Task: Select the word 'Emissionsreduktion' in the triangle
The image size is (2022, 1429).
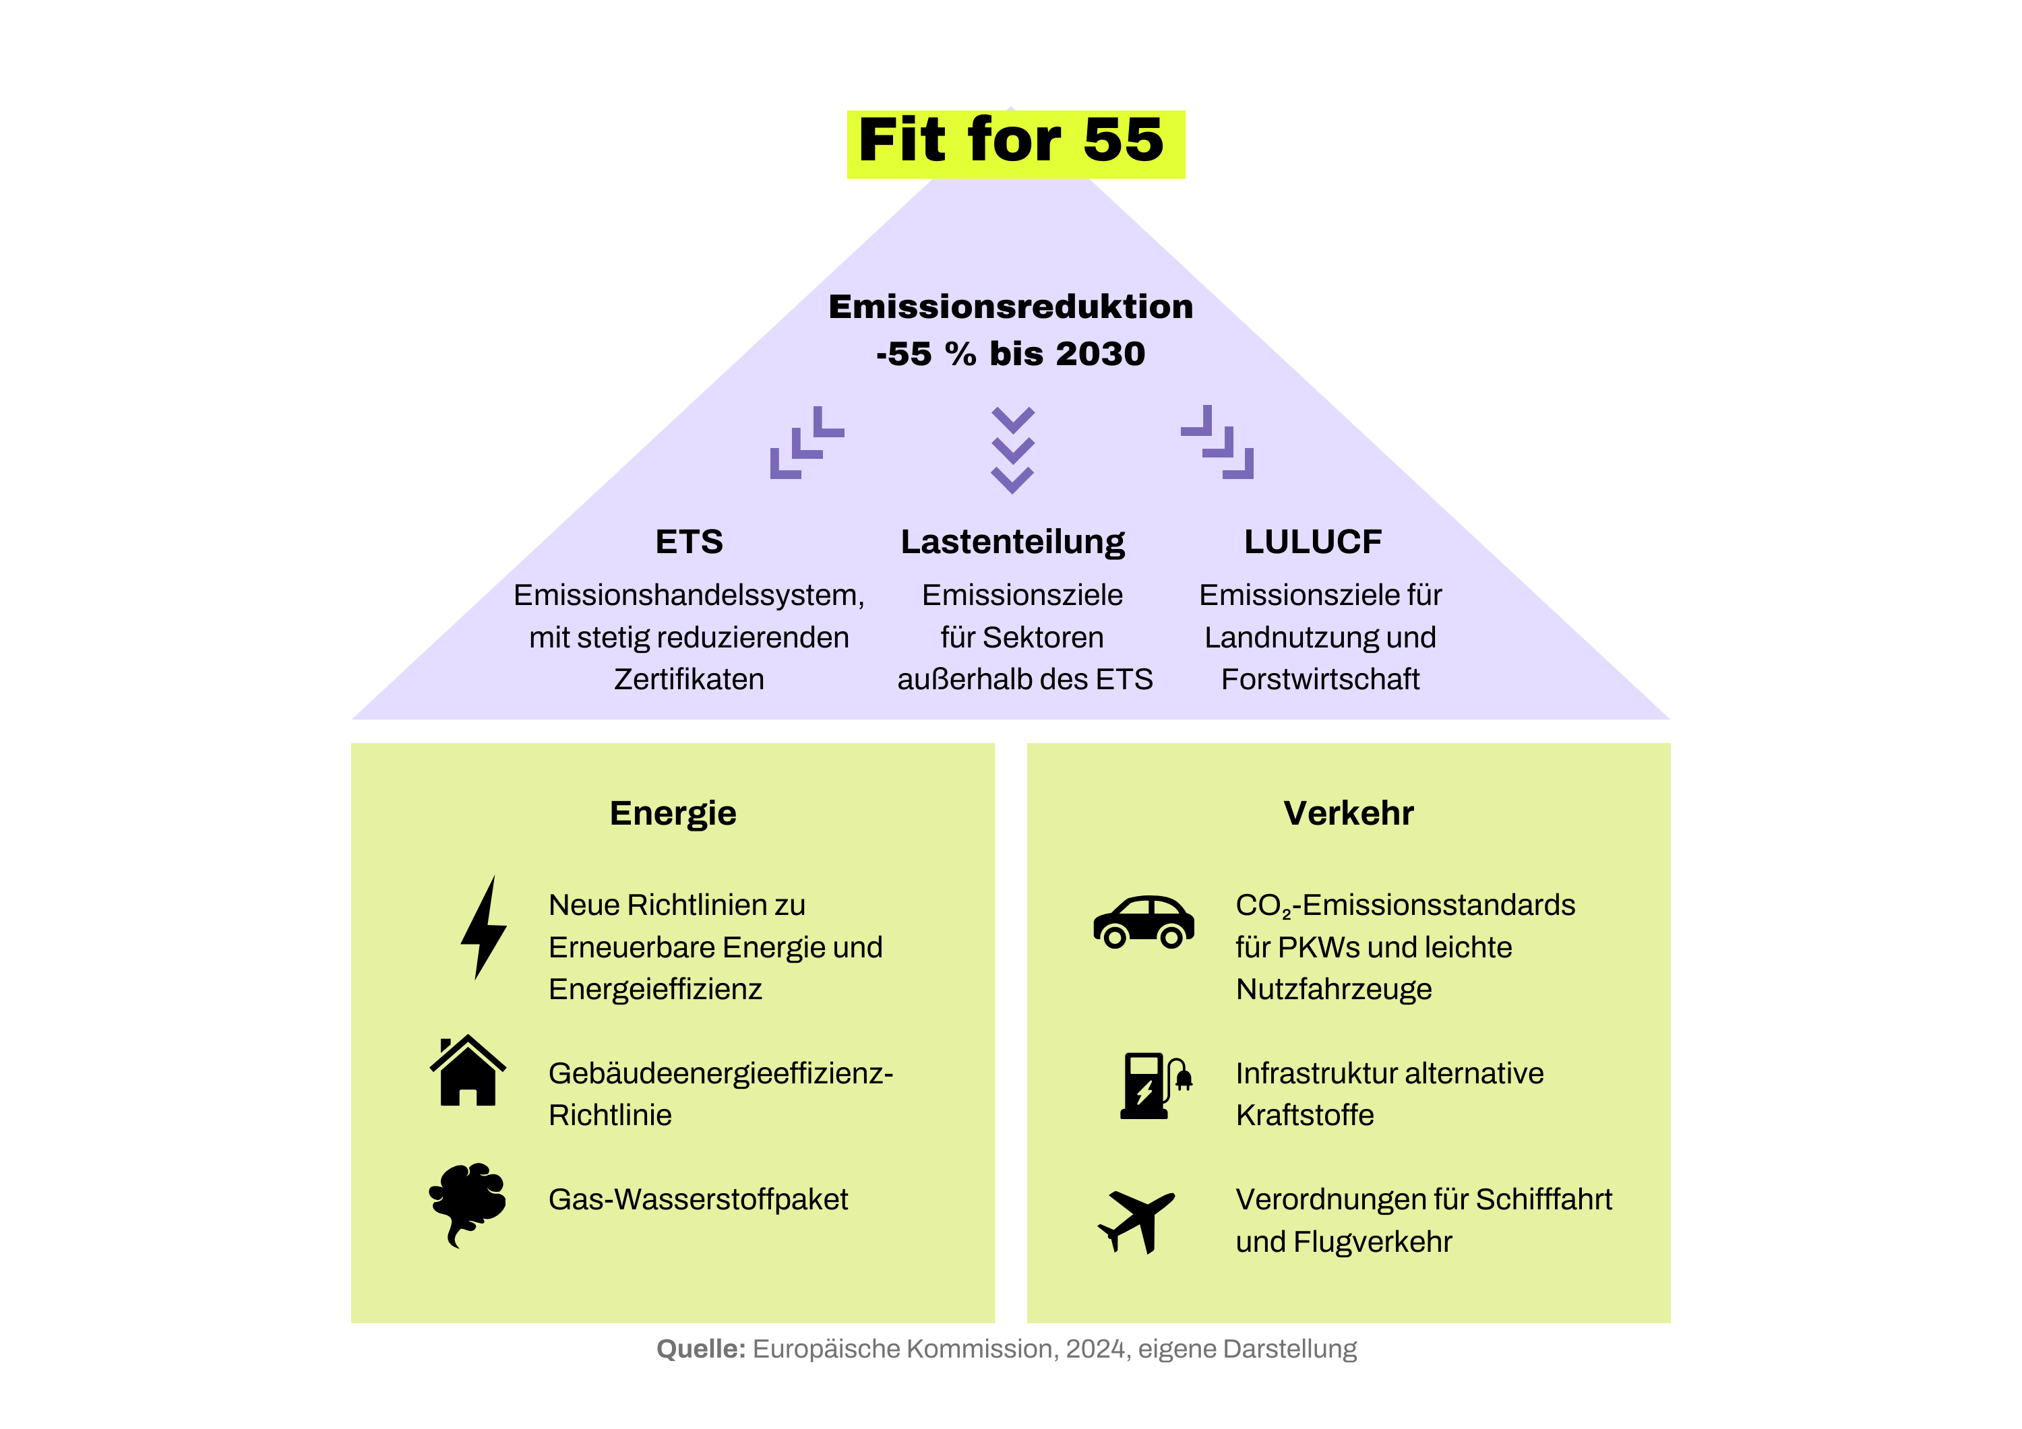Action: pyautogui.click(x=1010, y=307)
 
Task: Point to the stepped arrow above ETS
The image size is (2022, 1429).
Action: pyautogui.click(x=806, y=442)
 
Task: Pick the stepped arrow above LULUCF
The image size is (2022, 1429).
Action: pyautogui.click(x=1218, y=442)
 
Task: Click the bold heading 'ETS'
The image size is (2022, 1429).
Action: pyautogui.click(x=689, y=542)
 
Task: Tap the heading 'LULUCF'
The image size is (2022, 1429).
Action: pyautogui.click(x=1312, y=542)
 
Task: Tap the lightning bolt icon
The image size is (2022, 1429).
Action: pyautogui.click(x=483, y=927)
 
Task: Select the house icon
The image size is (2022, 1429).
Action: pyautogui.click(x=468, y=1071)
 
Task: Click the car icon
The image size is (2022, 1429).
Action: pyautogui.click(x=1143, y=922)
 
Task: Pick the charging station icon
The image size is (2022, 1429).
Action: pyautogui.click(x=1155, y=1085)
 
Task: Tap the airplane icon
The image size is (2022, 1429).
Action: pyautogui.click(x=1136, y=1219)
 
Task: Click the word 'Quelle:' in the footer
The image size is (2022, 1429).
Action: pyautogui.click(x=701, y=1349)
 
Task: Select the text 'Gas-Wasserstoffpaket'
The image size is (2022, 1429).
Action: pyautogui.click(x=698, y=1199)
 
